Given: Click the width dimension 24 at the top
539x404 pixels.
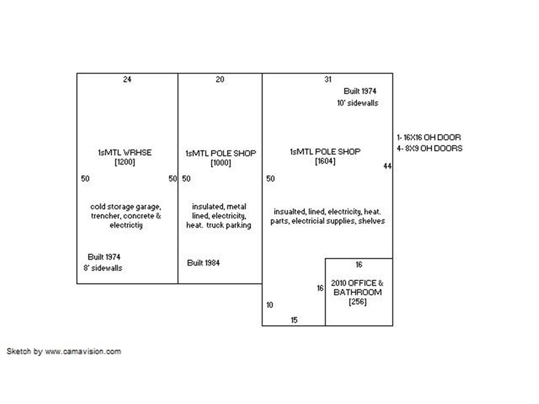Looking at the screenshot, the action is (x=127, y=79).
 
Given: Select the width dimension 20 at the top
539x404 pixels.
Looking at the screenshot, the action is (x=220, y=79).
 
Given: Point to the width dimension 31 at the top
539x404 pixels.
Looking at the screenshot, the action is (x=328, y=79).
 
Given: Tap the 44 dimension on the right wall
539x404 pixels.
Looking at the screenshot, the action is (x=387, y=166).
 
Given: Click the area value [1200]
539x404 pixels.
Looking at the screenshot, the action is (x=125, y=162).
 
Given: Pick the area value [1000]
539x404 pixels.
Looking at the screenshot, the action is (x=221, y=163).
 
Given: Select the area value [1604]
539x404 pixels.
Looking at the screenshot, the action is (x=325, y=161).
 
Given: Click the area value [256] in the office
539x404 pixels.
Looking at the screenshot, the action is (x=357, y=301).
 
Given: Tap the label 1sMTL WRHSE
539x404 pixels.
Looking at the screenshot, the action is (x=125, y=153).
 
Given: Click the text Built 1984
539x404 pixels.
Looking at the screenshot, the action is (x=204, y=263).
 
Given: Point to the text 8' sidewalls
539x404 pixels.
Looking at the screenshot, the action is (x=103, y=268).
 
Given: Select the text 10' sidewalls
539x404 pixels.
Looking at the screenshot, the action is (x=357, y=103).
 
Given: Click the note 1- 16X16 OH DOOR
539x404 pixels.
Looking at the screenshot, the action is (x=429, y=137).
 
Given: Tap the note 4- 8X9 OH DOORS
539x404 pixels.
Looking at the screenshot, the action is (x=430, y=148).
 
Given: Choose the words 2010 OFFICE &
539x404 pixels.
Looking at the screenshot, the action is (x=357, y=283).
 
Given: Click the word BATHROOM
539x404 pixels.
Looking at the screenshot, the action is (x=357, y=292).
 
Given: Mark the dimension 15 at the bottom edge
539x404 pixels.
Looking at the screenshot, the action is (x=294, y=320).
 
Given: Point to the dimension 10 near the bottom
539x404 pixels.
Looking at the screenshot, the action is (x=269, y=305).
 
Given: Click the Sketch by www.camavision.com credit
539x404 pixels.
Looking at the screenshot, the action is (x=64, y=351).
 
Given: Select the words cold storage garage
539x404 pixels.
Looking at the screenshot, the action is (x=125, y=207).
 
